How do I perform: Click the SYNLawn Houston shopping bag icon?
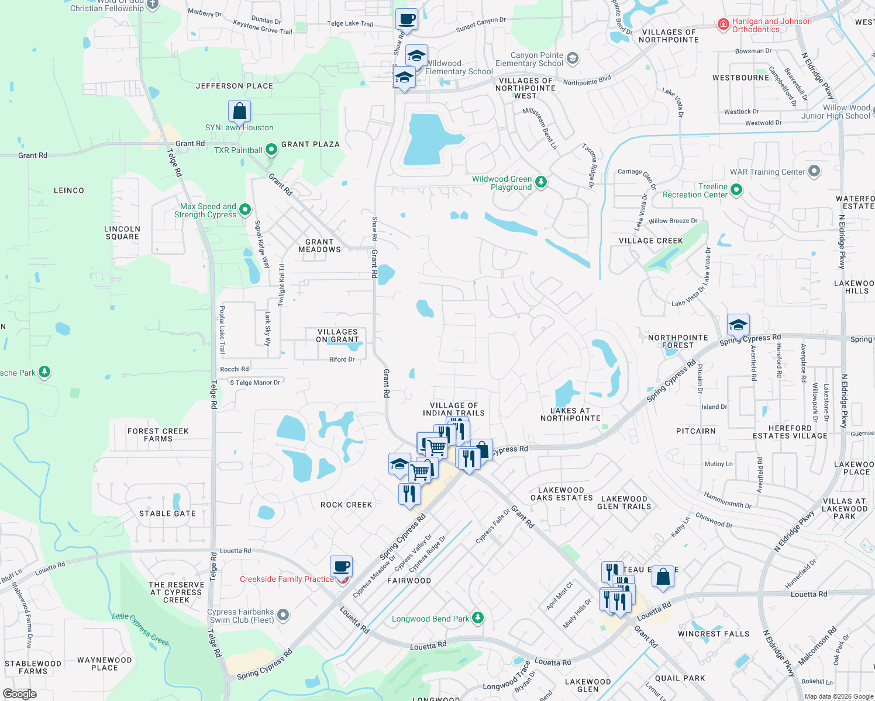239,110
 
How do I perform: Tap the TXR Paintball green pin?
271,150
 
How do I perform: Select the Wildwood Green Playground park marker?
541,182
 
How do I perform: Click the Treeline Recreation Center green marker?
736,190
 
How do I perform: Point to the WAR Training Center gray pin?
814,172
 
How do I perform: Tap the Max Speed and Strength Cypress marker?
245,209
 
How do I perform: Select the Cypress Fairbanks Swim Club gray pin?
283,615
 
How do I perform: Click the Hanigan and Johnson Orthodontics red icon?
724,24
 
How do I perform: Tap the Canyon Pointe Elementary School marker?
573,58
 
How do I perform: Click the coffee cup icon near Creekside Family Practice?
342,566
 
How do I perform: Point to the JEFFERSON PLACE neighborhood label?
235,86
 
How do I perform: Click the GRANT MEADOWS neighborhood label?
319,245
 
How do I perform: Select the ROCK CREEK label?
346,505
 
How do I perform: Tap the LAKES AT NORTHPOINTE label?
570,414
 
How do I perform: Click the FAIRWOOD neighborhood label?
409,581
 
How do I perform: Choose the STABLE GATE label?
167,513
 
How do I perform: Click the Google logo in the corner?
19,694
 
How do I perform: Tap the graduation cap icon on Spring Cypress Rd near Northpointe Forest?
738,325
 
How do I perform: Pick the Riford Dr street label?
342,359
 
